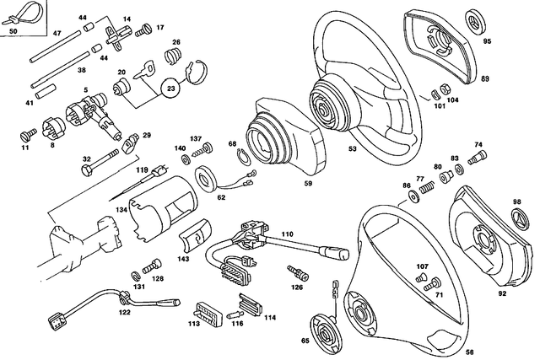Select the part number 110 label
point(287,233)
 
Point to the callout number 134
point(122,209)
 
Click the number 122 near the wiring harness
point(125,313)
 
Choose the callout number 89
point(485,78)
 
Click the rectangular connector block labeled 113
point(207,310)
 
